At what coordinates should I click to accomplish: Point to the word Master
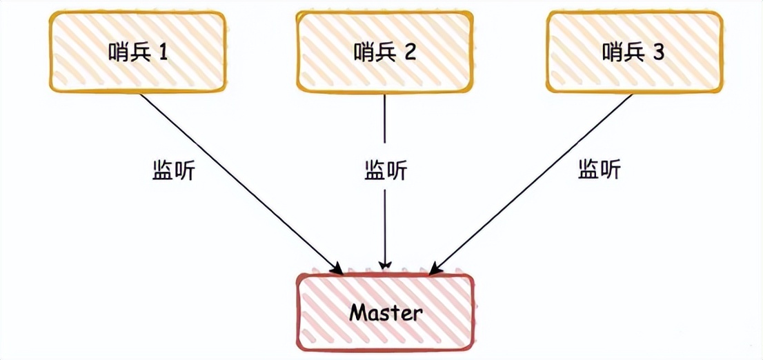pos(385,312)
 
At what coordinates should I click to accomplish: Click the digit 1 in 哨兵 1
pos(163,52)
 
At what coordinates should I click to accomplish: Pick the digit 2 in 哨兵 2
pos(410,52)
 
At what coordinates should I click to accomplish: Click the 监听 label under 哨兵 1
pos(173,170)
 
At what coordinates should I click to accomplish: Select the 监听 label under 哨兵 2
pos(386,170)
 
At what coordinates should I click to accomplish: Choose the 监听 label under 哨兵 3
pos(599,169)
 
